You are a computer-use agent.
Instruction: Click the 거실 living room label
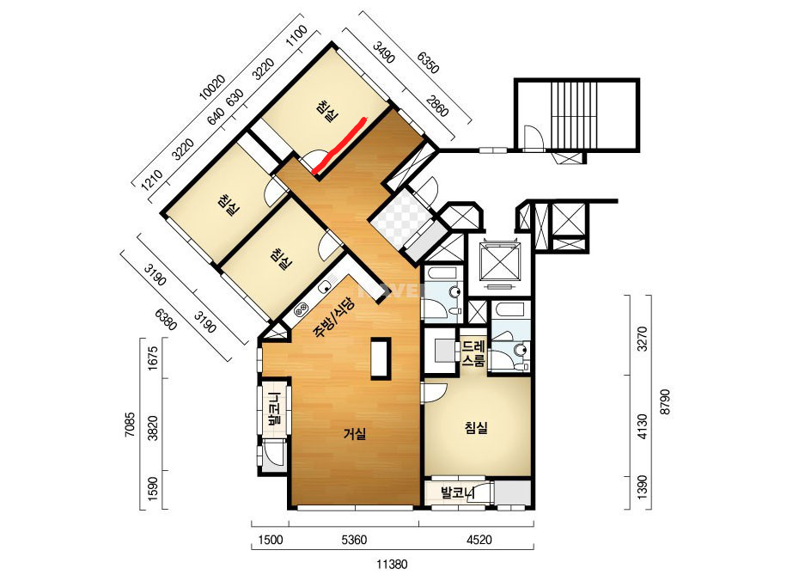click(355, 434)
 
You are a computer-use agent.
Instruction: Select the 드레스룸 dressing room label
click(473, 353)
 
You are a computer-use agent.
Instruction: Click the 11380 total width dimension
click(392, 564)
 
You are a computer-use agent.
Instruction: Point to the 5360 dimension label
click(354, 540)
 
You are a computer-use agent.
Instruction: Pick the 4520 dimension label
click(479, 540)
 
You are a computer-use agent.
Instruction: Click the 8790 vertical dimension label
click(666, 402)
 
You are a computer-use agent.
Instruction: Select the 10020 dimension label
click(212, 88)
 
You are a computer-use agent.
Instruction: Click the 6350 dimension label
click(428, 62)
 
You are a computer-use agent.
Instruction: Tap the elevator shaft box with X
click(500, 263)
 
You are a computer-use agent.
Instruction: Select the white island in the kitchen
click(381, 358)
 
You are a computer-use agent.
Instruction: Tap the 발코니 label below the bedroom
click(458, 492)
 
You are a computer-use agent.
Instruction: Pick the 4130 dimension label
click(643, 426)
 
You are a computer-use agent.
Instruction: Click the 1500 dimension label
click(271, 540)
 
